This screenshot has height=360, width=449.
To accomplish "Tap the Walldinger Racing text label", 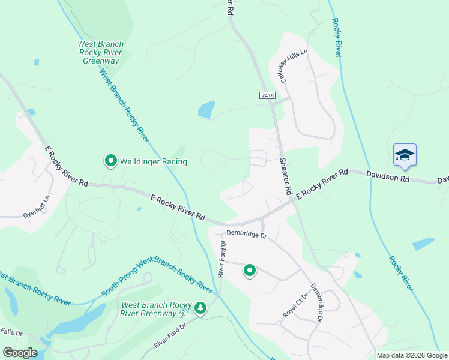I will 154,161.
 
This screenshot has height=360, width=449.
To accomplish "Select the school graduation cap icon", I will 405,155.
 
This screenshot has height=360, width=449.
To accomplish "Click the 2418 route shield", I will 268,95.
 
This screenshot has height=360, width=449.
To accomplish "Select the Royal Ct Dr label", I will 295,306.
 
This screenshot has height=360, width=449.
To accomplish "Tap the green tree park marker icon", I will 200,308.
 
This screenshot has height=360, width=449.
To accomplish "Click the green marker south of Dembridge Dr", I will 250,271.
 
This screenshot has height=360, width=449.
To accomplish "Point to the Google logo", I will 19,353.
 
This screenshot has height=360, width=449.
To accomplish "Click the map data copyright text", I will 412,355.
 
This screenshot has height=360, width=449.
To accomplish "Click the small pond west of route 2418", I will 206,110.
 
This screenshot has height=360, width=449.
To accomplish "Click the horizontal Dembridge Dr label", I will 246,234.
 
